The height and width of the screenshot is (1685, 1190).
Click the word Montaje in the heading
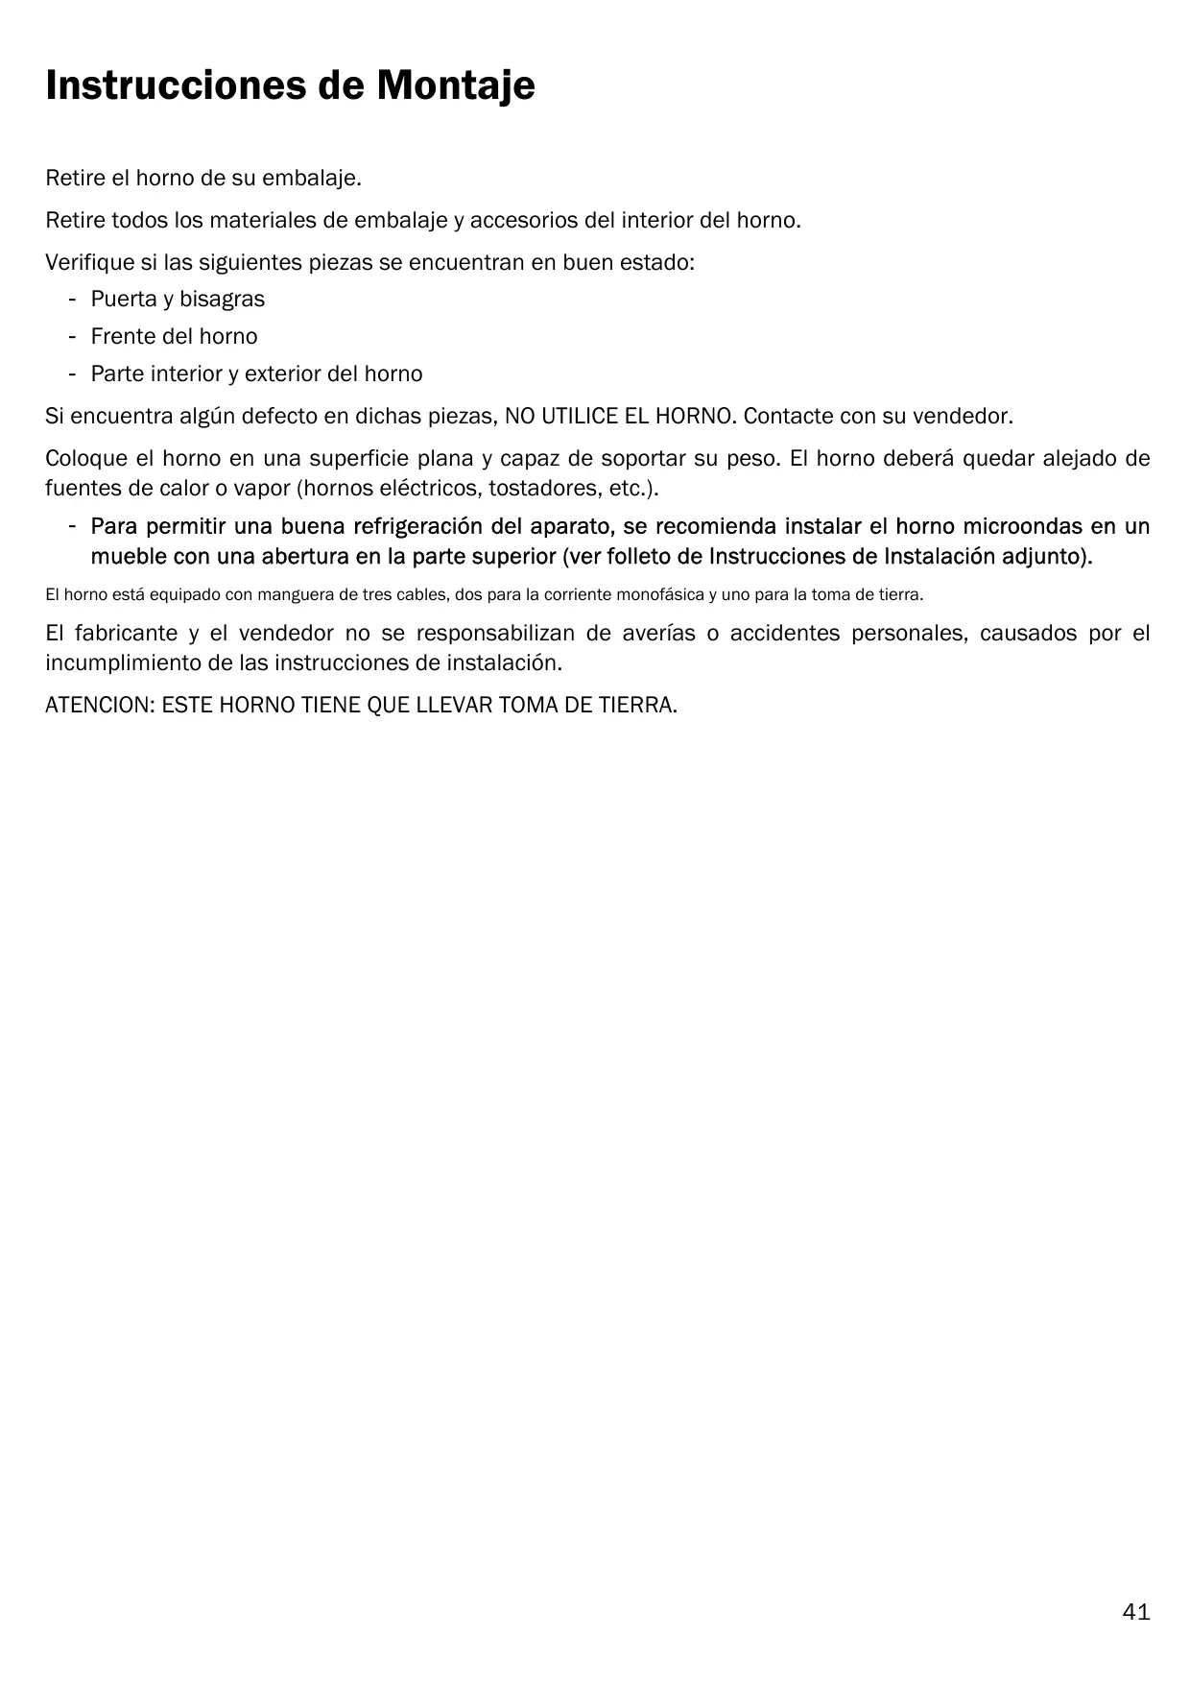(x=455, y=86)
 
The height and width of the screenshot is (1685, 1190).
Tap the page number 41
(x=1135, y=1611)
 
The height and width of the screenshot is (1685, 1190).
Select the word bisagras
(x=222, y=300)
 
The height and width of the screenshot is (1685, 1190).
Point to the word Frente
(x=122, y=337)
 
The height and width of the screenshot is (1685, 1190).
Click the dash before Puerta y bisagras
(x=72, y=300)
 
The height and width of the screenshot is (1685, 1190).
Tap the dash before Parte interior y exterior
(x=72, y=374)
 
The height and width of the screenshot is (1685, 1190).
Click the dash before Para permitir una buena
(x=72, y=527)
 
